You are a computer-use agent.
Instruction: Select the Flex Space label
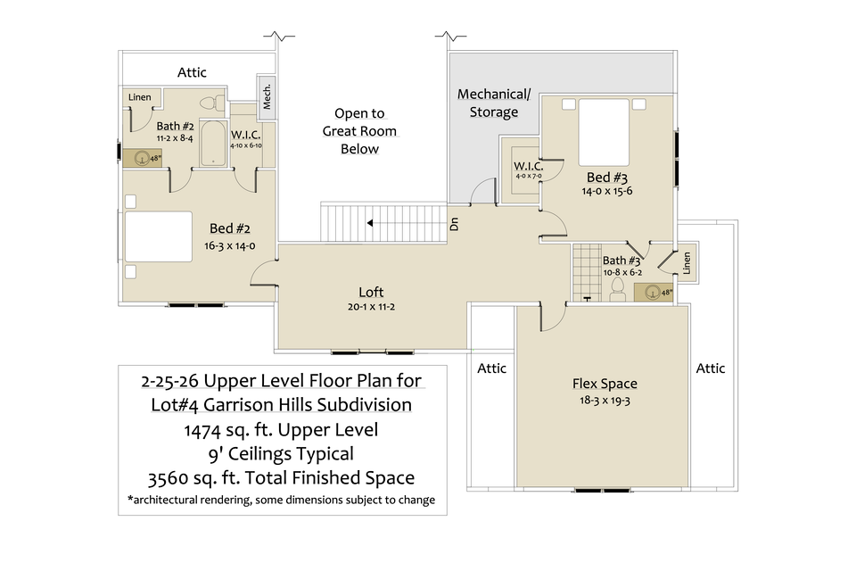[x=605, y=385]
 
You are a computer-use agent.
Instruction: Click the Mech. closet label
[x=267, y=97]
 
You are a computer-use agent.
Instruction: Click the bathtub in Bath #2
[x=213, y=145]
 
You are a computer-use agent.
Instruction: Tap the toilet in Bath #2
[x=210, y=103]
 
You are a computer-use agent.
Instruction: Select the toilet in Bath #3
[x=617, y=288]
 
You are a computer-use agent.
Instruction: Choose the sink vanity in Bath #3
[x=655, y=291]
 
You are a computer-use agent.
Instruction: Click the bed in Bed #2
[x=158, y=236]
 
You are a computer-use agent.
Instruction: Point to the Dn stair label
[x=455, y=224]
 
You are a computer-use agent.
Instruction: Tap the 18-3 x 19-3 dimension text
[x=605, y=401]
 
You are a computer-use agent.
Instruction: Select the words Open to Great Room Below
[x=359, y=131]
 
